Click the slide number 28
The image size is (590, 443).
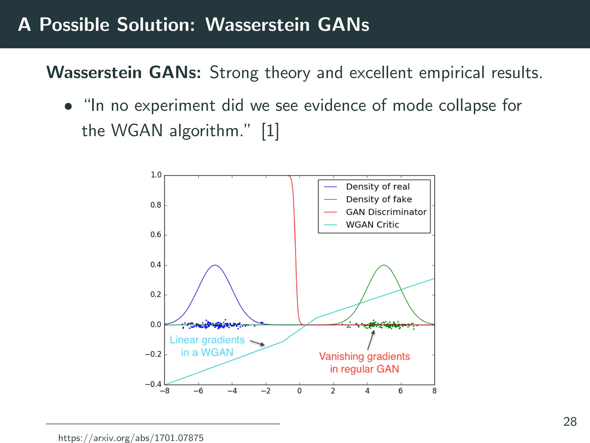[x=570, y=422]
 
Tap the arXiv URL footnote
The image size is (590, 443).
[x=131, y=438]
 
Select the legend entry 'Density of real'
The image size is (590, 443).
[x=377, y=187]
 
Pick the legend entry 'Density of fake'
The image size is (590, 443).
[x=379, y=199]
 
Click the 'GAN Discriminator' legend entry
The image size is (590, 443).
[x=386, y=212]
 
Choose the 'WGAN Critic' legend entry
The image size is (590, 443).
[x=372, y=225]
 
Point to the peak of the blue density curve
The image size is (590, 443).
[x=215, y=265]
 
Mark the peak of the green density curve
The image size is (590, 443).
[x=384, y=265]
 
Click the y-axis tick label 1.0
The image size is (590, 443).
[x=156, y=175]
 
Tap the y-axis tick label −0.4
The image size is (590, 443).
[x=153, y=384]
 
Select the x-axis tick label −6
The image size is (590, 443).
[x=198, y=391]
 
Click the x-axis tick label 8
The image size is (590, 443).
[x=434, y=391]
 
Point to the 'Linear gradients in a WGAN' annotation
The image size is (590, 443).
[x=207, y=346]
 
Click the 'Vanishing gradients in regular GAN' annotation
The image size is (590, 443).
[x=364, y=363]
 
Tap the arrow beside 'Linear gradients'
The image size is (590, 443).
[x=257, y=343]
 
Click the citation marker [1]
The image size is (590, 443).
[x=270, y=131]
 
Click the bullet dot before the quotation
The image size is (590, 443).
[x=68, y=107]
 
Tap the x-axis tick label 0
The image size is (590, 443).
[x=299, y=391]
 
